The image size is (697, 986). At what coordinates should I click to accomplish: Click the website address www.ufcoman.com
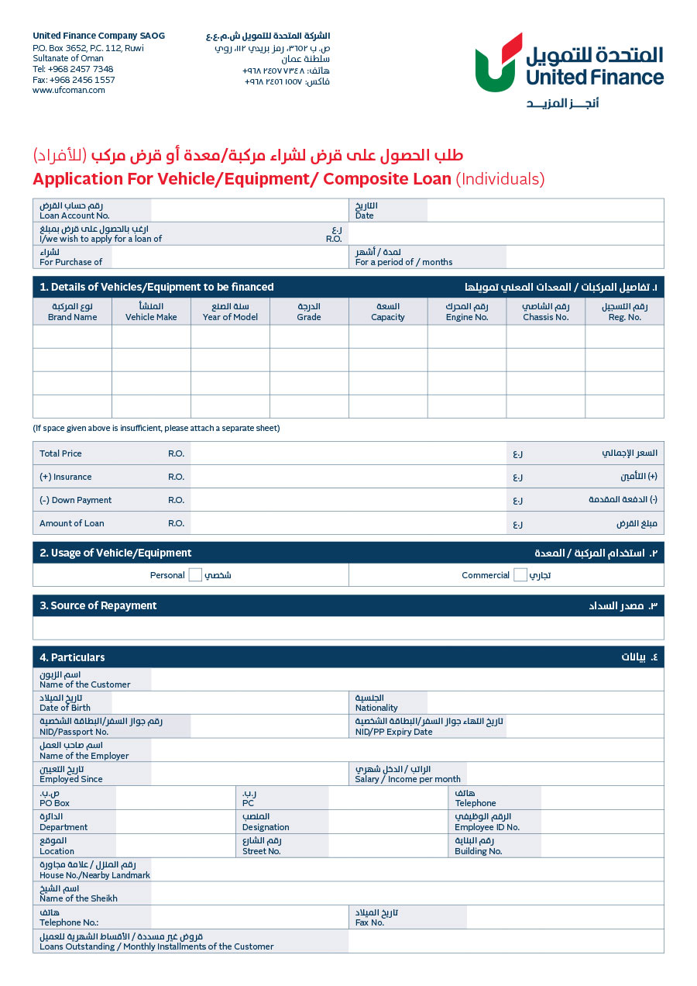click(69, 90)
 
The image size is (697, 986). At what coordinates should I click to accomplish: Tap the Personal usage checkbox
click(195, 575)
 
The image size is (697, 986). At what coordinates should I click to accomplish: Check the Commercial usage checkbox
click(520, 575)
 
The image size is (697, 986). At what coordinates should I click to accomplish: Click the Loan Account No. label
click(74, 215)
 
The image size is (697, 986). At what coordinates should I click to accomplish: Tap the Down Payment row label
click(76, 500)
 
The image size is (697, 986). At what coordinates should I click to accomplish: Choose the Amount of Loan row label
click(72, 523)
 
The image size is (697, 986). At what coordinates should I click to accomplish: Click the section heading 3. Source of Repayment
click(98, 605)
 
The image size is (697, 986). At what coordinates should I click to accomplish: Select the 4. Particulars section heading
click(72, 657)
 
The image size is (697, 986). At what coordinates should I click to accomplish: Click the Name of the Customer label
click(85, 684)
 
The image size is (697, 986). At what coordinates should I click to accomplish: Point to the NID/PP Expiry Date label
click(393, 732)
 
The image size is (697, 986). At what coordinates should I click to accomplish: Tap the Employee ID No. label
click(487, 827)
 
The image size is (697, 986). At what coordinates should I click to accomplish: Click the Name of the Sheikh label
click(78, 898)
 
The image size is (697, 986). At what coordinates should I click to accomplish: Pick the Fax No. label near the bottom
click(369, 922)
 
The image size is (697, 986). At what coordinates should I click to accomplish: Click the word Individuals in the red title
click(500, 179)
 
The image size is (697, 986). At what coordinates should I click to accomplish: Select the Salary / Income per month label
click(407, 779)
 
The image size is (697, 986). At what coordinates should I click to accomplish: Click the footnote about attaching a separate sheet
click(156, 428)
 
